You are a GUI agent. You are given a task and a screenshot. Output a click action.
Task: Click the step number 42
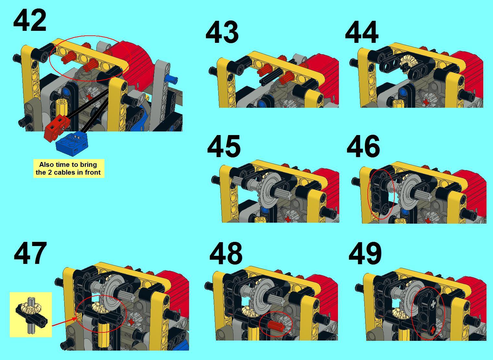click(30, 21)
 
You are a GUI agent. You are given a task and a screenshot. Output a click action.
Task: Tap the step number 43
click(222, 32)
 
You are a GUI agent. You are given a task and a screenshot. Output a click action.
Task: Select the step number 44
click(362, 32)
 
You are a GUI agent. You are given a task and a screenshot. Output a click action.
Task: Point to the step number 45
click(223, 146)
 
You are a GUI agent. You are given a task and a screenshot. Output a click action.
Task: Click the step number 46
click(363, 146)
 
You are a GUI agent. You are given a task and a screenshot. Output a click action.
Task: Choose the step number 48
click(226, 254)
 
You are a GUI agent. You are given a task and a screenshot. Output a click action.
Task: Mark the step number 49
click(365, 254)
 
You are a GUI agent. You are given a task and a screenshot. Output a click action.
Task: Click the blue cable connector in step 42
click(72, 144)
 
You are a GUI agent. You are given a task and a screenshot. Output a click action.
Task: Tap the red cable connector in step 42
click(56, 128)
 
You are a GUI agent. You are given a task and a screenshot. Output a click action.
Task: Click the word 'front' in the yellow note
click(93, 172)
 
